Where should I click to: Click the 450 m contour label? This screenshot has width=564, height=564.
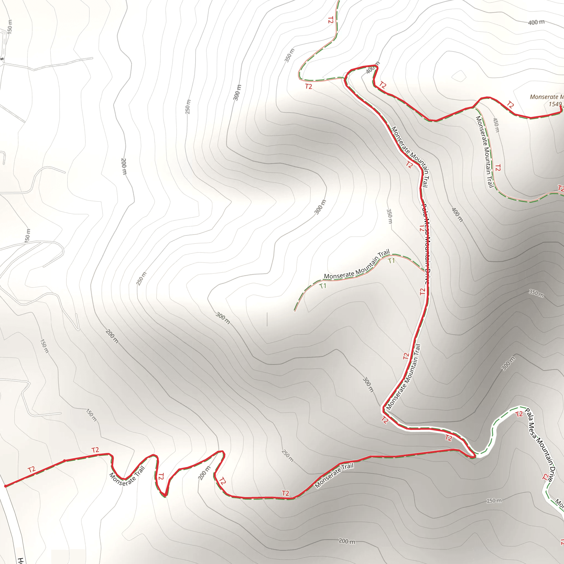(x=496, y=125)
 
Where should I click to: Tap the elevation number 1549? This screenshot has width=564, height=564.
(x=555, y=104)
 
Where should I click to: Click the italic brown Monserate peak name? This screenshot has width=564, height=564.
(x=546, y=97)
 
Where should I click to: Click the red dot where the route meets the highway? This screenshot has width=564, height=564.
(x=5, y=486)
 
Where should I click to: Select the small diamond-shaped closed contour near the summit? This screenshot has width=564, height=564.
(x=459, y=76)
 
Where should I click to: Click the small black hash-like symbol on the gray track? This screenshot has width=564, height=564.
(x=2, y=59)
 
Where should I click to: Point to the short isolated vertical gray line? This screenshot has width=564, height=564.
(x=267, y=319)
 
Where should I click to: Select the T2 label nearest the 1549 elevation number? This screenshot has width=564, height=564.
(x=510, y=104)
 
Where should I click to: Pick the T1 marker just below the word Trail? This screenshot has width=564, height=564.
(x=392, y=261)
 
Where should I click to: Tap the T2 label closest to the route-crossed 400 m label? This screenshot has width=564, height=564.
(x=383, y=85)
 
